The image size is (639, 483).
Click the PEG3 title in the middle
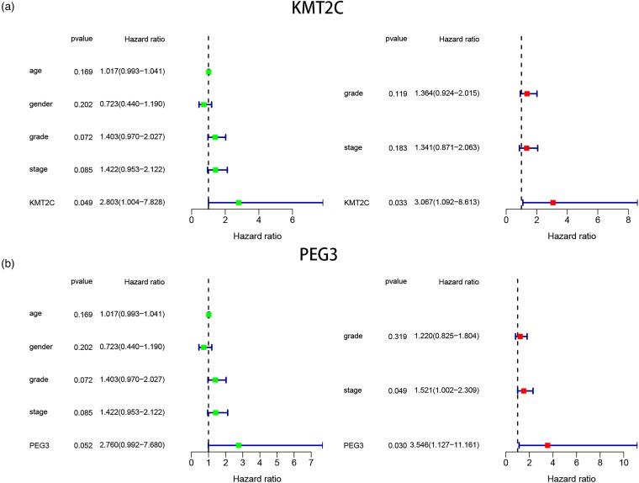pyautogui.click(x=321, y=254)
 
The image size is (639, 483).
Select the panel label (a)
pyautogui.click(x=10, y=8)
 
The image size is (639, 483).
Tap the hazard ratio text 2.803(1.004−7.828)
pyautogui.click(x=133, y=203)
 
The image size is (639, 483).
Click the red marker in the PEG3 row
pyautogui.click(x=547, y=445)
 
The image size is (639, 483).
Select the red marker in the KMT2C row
pyautogui.click(x=552, y=203)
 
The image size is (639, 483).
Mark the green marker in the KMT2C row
pyautogui.click(x=239, y=203)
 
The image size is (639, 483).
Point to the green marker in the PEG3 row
pyautogui.click(x=239, y=445)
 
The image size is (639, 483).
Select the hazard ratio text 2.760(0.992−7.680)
pyautogui.click(x=133, y=445)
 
